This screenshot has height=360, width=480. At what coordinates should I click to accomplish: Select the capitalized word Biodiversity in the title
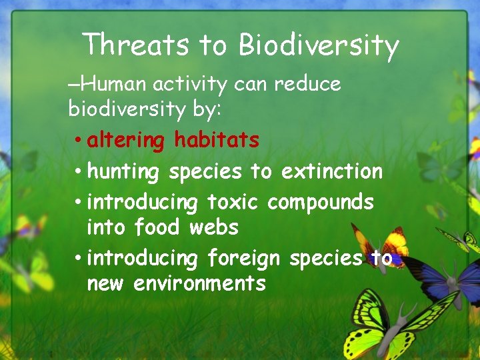point(319,45)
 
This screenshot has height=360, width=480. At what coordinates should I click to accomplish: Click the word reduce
point(307,84)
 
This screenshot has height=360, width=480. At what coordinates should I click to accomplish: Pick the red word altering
point(125,141)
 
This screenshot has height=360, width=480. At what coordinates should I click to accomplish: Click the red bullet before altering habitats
point(78,141)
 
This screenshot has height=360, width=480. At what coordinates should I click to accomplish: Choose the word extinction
point(332,171)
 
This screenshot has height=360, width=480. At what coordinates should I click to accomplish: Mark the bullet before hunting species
point(78,172)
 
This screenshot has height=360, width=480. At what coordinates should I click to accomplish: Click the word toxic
point(234,201)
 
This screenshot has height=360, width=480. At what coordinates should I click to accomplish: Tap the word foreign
point(245,258)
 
